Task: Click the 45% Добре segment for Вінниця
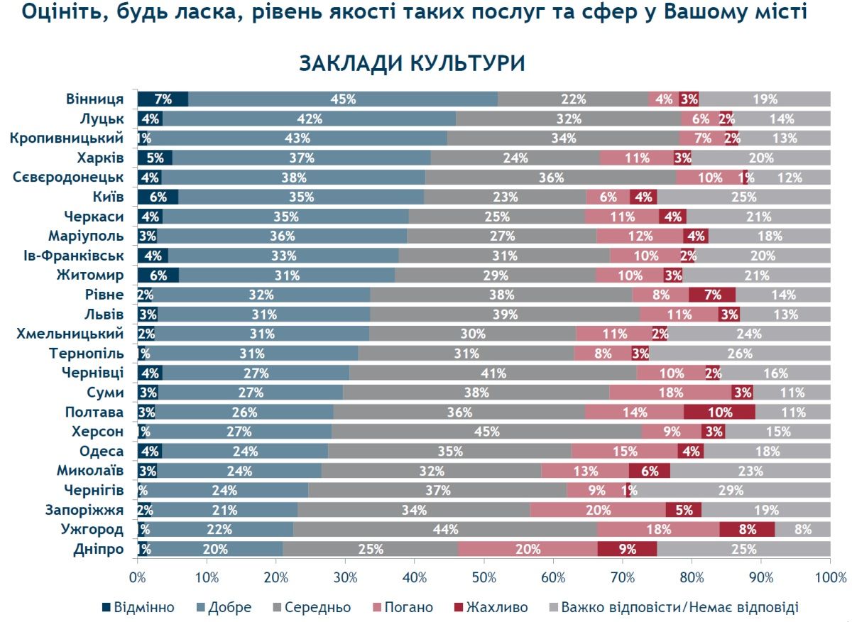point(343,99)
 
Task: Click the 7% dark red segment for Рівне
point(712,295)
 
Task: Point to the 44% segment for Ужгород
point(445,529)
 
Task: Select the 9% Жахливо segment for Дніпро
point(627,549)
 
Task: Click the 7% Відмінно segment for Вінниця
point(163,99)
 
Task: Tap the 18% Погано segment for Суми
point(670,393)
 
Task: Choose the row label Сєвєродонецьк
point(68,177)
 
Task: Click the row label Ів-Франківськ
point(74,255)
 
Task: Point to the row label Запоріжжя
point(84,510)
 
